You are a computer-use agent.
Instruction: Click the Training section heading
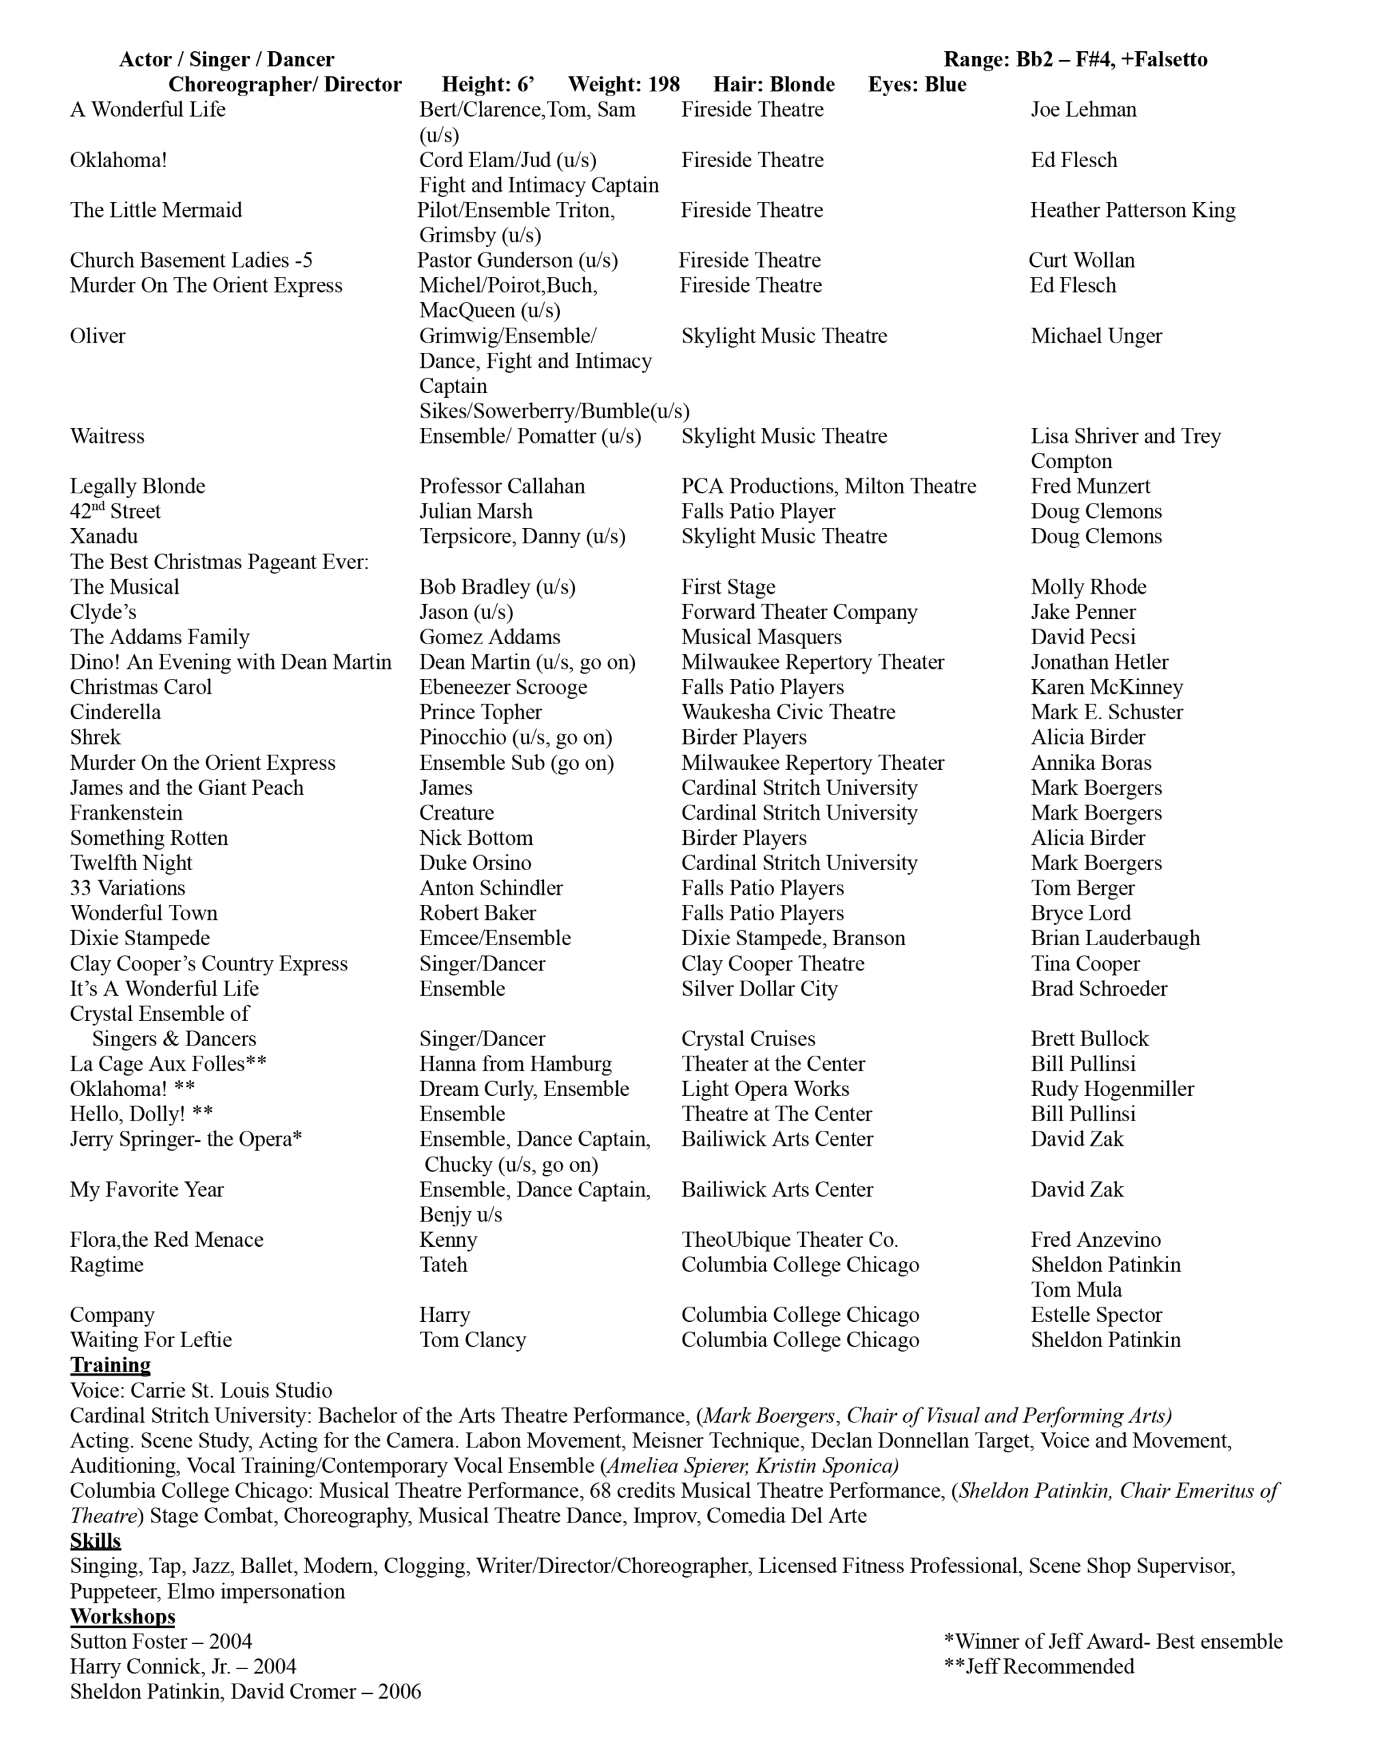click(110, 1366)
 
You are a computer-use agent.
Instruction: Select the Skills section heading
click(95, 1540)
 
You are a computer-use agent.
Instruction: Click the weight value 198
click(664, 84)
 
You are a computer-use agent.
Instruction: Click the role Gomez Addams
click(489, 637)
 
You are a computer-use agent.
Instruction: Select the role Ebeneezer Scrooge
click(503, 687)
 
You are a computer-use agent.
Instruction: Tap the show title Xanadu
click(104, 536)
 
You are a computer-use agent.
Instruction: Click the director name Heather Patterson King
click(1133, 211)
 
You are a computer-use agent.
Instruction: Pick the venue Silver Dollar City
click(759, 989)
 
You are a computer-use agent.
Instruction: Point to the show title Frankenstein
click(126, 813)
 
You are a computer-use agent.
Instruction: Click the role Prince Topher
click(481, 712)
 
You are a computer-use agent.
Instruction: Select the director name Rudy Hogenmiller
click(1113, 1089)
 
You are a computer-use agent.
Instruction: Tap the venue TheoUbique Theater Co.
click(789, 1240)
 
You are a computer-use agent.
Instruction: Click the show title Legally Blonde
click(138, 486)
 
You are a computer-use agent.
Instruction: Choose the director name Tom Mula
click(1076, 1290)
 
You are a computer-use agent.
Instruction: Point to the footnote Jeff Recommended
click(1039, 1666)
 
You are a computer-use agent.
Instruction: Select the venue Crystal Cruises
click(748, 1039)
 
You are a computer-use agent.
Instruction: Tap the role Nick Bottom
click(476, 838)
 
